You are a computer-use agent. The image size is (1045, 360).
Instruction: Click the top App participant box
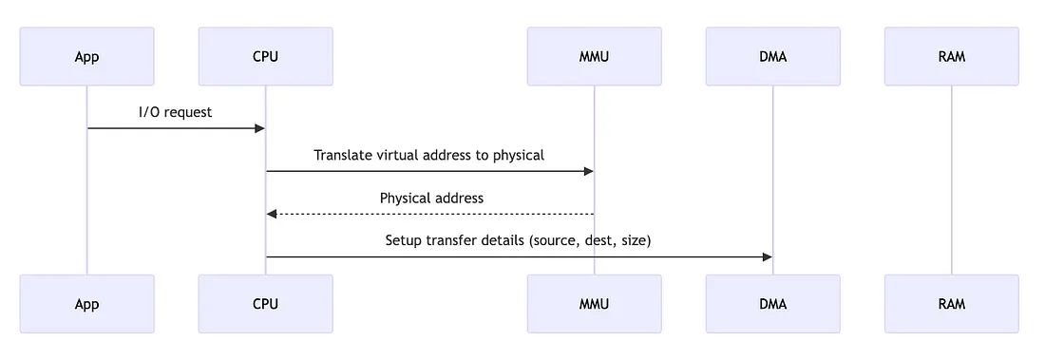coord(86,57)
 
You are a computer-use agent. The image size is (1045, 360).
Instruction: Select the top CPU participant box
coord(265,57)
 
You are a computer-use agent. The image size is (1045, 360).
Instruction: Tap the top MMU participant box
coord(594,57)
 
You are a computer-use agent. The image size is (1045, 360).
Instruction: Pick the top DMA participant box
coord(772,57)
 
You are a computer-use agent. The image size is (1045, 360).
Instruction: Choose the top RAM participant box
coord(951,57)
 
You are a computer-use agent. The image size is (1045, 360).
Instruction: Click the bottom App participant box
coord(86,304)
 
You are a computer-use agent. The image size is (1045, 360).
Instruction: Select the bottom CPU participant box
coord(265,304)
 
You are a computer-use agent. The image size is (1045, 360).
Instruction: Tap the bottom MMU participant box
coord(594,304)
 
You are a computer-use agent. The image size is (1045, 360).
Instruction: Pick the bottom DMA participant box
coord(772,304)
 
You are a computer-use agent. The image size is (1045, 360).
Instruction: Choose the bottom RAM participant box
coord(951,304)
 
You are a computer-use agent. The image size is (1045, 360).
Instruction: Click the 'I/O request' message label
coord(176,112)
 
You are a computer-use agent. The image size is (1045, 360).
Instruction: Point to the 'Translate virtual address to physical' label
coord(429,155)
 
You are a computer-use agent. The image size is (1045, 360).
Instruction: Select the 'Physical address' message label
coord(431,199)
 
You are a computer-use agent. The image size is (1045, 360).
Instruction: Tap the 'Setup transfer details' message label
coord(518,241)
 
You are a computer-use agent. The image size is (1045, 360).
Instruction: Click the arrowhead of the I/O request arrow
coord(259,128)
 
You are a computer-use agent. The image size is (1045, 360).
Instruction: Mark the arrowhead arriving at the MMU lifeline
coord(588,171)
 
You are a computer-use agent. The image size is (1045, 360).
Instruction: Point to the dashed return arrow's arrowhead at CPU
coord(272,214)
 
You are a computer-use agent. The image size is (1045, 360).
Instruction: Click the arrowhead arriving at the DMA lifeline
coord(767,257)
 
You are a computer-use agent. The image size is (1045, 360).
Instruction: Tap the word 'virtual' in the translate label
coord(403,155)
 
